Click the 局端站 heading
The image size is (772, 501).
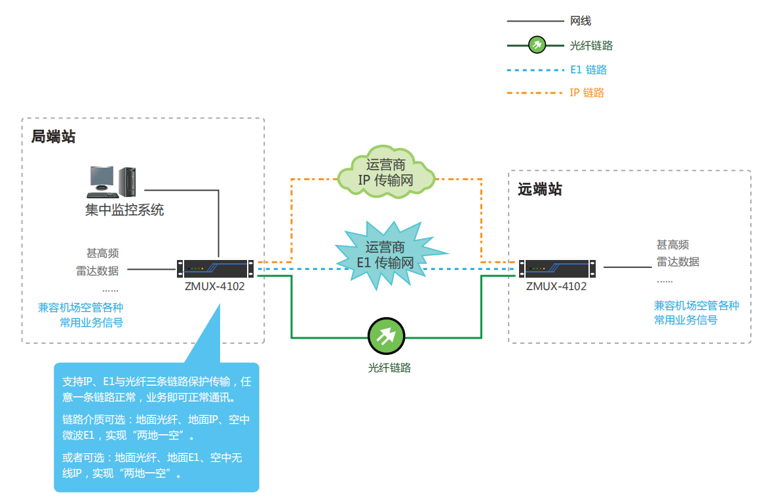pyautogui.click(x=54, y=137)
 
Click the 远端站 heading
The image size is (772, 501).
pyautogui.click(x=540, y=190)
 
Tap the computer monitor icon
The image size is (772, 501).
pyautogui.click(x=102, y=181)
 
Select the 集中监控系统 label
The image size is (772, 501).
pyautogui.click(x=125, y=210)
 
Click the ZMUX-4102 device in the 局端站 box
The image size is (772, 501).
pyautogui.click(x=215, y=268)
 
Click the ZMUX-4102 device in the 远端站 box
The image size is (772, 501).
pyautogui.click(x=558, y=268)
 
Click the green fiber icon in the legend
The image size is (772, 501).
pyautogui.click(x=537, y=45)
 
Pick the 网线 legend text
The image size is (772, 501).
pyautogui.click(x=581, y=22)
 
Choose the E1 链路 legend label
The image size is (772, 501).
pyautogui.click(x=589, y=69)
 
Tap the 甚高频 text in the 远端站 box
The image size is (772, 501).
pyautogui.click(x=672, y=245)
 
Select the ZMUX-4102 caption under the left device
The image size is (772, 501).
pyautogui.click(x=214, y=286)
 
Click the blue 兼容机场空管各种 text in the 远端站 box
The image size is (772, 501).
pyautogui.click(x=696, y=305)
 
